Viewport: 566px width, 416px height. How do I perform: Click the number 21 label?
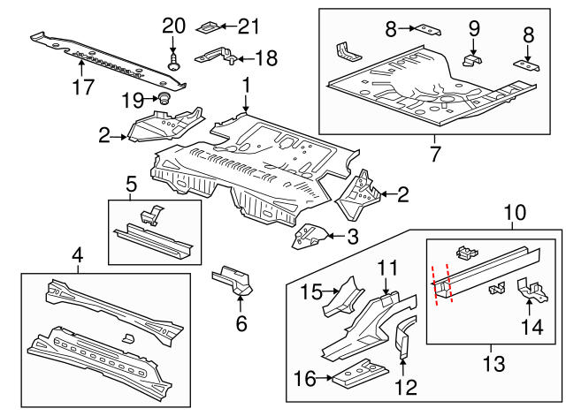pos(249,26)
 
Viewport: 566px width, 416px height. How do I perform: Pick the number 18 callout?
pos(264,58)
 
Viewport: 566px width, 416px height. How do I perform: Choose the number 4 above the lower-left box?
pos(78,257)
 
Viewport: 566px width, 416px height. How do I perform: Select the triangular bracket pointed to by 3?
pos(309,236)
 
